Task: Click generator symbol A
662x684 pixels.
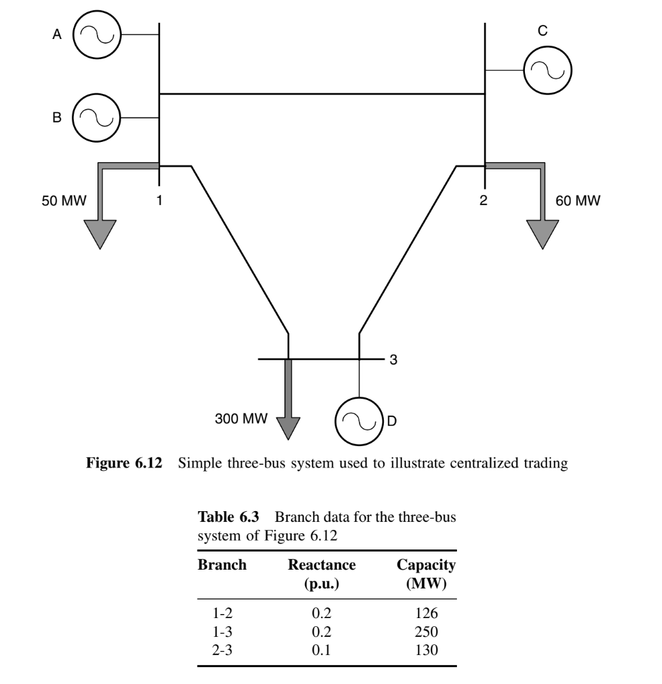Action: [96, 35]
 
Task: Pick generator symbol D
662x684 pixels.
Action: [359, 420]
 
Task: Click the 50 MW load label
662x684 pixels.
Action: [60, 200]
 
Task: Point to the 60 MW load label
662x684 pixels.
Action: [578, 200]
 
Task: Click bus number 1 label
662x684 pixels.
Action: [159, 200]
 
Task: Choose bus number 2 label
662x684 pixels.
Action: [484, 200]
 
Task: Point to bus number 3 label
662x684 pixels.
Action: [395, 360]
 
